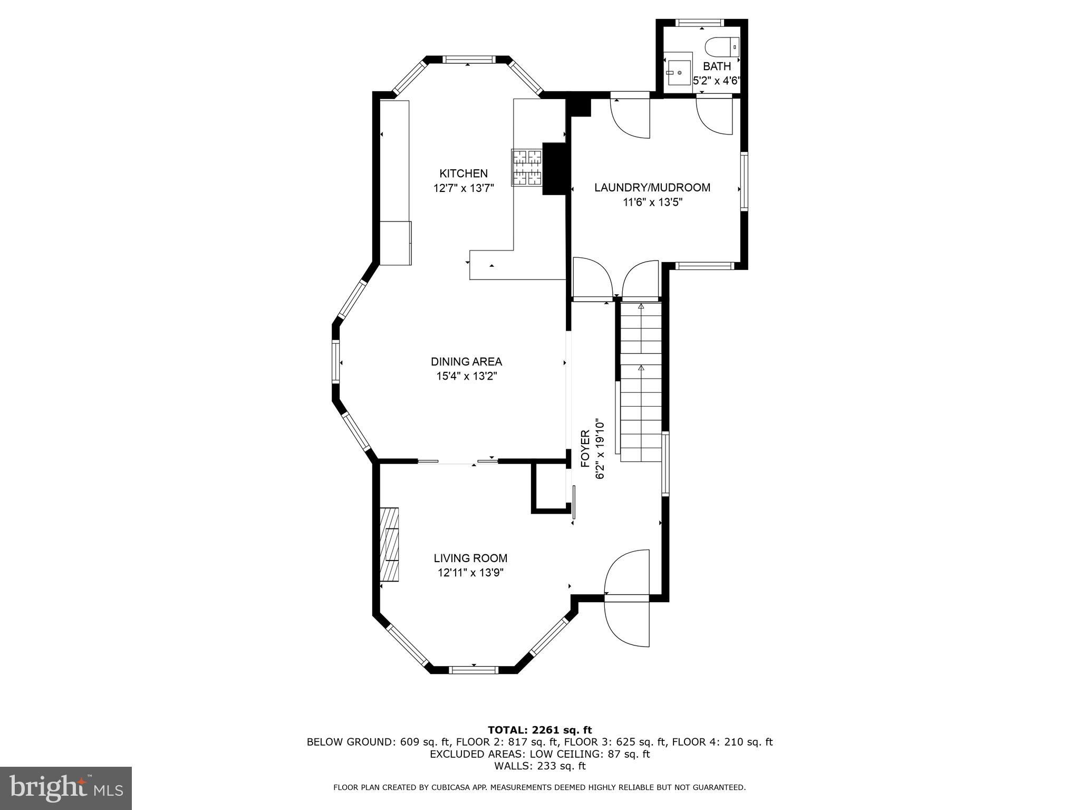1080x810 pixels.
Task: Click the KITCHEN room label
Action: (x=464, y=173)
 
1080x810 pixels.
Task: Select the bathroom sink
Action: (x=678, y=73)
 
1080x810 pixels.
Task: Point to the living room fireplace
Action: (x=389, y=544)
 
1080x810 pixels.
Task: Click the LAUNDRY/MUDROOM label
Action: (x=652, y=188)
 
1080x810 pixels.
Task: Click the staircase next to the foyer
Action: (x=641, y=382)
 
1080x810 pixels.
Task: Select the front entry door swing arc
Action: (x=628, y=622)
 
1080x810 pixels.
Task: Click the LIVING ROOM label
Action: (x=470, y=558)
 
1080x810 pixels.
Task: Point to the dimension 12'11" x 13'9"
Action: (x=470, y=573)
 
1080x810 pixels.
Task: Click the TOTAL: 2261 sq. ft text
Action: (x=539, y=730)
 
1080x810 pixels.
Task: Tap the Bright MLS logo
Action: (x=66, y=788)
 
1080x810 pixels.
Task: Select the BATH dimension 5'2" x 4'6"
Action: (x=717, y=81)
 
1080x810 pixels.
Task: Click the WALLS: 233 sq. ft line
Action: (x=539, y=766)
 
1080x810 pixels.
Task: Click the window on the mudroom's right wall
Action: (x=744, y=181)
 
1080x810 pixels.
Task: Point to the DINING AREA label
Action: (x=466, y=362)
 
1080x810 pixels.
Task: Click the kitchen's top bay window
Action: (x=468, y=60)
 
